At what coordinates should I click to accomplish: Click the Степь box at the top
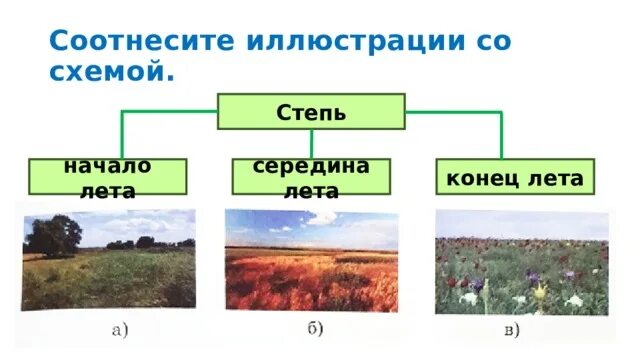[x=311, y=111]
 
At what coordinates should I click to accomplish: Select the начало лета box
[x=107, y=176]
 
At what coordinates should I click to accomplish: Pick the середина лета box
[x=311, y=176]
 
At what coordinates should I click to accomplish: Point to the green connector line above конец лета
[x=501, y=135]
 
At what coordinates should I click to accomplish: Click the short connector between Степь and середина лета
[x=311, y=143]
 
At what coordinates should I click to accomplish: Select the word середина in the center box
[x=311, y=165]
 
